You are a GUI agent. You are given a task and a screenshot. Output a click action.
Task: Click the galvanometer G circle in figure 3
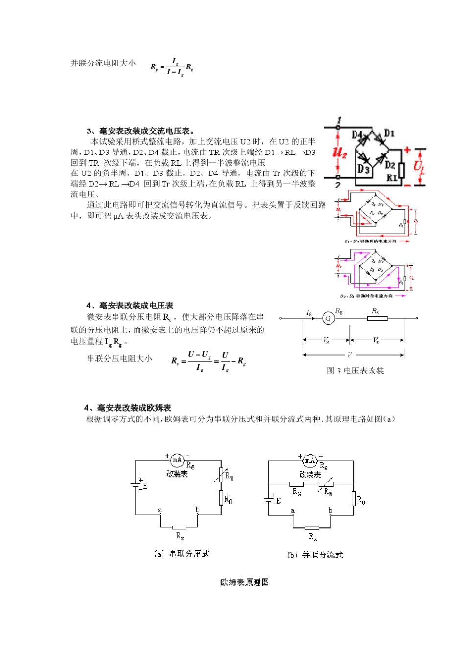(x=328, y=318)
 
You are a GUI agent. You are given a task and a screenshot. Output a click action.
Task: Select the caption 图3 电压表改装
(x=355, y=371)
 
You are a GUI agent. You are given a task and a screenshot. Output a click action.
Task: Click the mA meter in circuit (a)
(x=177, y=460)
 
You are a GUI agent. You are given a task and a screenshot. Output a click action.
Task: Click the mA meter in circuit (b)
(x=310, y=460)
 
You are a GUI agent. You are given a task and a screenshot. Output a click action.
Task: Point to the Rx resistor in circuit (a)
(x=179, y=527)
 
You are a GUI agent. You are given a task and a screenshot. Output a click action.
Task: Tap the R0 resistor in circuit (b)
(x=353, y=499)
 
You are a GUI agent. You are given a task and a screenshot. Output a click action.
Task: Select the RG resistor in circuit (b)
(x=297, y=484)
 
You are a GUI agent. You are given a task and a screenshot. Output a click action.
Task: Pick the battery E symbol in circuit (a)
(x=136, y=484)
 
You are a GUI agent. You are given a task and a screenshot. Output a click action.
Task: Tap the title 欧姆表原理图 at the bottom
(x=244, y=582)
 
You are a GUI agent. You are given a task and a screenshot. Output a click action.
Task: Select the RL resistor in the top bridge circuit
(x=402, y=171)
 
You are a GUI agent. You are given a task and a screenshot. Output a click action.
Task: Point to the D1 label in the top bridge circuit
(x=389, y=133)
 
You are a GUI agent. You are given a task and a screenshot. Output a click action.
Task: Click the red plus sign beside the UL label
(x=407, y=150)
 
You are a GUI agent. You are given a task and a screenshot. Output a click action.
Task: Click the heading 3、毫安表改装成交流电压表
(x=140, y=131)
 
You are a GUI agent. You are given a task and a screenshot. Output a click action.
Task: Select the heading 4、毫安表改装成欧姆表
(x=128, y=408)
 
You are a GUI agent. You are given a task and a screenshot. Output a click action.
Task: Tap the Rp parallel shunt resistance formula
(x=172, y=67)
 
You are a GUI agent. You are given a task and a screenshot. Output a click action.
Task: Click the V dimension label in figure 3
(x=349, y=355)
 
